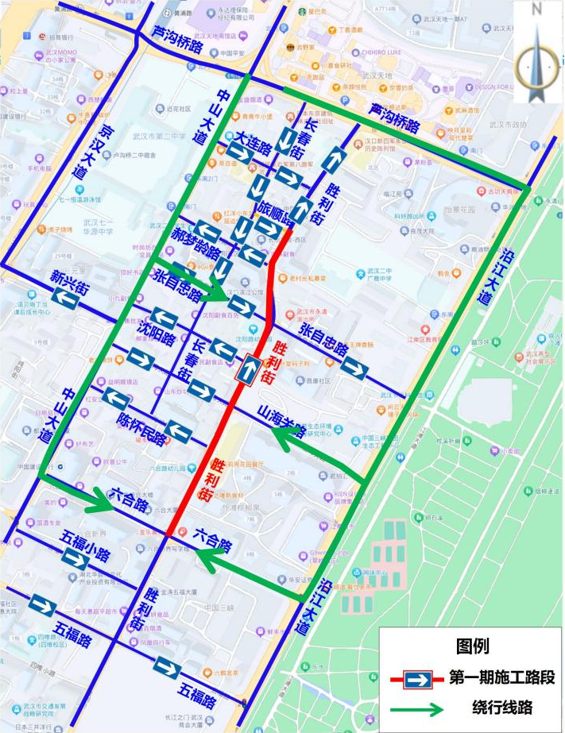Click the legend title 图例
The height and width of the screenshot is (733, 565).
(x=472, y=646)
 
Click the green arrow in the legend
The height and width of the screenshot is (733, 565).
(x=417, y=707)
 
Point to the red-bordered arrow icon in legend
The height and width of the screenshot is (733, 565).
(x=418, y=679)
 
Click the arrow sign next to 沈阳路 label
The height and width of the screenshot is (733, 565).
(x=164, y=317)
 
